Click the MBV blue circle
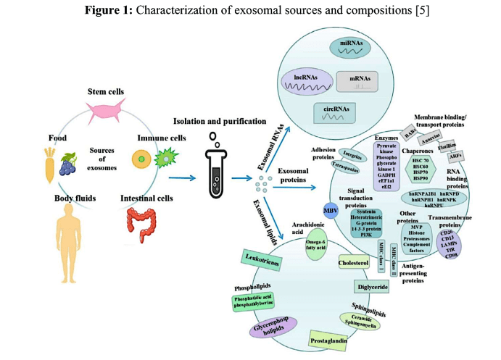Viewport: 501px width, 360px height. coord(331,212)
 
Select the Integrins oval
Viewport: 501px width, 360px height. coord(352,154)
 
